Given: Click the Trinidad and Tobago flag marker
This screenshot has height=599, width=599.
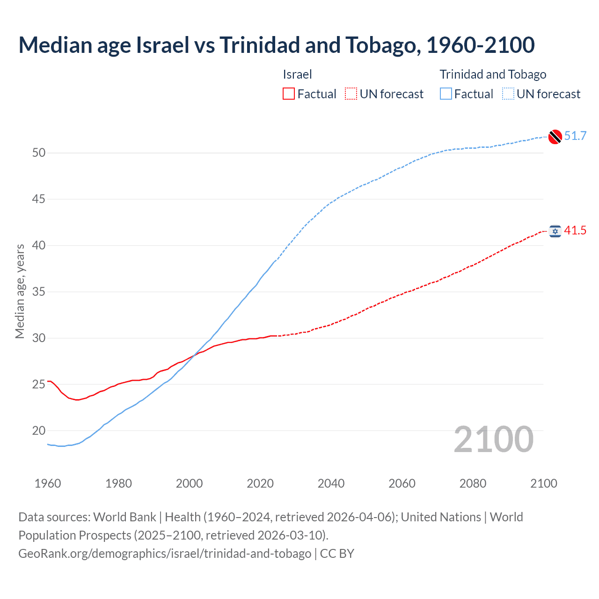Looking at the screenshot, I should pos(555,136).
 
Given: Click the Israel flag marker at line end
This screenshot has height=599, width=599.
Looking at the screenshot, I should pos(555,231).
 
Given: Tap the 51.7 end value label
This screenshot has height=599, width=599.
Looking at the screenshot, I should pos(575,136).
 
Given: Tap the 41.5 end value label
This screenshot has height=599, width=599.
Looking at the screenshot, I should pos(575,231).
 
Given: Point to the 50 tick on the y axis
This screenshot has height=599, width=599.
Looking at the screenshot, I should pos(39,153).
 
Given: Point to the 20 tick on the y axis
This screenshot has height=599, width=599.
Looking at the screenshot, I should pos(39,431).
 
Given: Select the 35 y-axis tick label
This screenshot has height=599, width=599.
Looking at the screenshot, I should pos(39,292).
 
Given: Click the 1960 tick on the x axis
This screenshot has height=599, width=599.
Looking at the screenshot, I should pos(48,483).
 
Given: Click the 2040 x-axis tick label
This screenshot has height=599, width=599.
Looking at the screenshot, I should pos(331,483).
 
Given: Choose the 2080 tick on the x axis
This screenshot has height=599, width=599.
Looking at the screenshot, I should pos(473,483).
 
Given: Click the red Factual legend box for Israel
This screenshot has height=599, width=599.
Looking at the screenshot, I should pos(289,94).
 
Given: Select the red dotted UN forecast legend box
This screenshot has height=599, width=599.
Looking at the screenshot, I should pos(351,94).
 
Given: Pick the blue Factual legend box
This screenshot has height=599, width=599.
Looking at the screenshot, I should pos(446,94).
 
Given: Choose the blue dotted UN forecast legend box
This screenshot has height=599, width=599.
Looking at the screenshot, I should pos(508,94).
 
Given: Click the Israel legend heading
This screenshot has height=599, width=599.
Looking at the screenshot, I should pos(297,74).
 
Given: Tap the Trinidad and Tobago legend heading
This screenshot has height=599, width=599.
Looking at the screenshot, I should pos(493,74).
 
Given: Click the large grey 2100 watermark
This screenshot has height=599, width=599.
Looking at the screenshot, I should pos(494,439).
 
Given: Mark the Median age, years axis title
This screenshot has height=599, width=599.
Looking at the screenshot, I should pos(20,291).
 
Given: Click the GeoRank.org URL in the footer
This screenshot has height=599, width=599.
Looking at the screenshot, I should pos(165,554).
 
